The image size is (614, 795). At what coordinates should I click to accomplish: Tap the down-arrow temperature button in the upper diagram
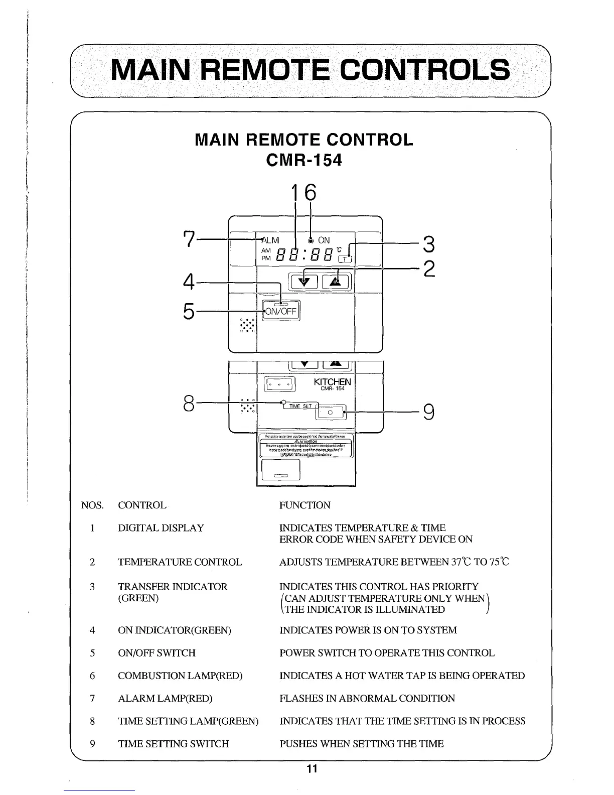301,282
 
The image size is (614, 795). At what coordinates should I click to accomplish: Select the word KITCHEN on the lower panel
332,382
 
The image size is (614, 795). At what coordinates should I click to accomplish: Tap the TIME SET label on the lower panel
300,406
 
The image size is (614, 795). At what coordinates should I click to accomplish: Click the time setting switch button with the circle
330,412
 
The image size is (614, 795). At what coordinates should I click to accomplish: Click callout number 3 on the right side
428,245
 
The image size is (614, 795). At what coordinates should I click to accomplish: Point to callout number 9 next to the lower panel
428,412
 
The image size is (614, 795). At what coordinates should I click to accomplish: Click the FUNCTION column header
304,505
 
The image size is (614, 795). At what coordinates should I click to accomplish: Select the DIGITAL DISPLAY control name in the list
161,528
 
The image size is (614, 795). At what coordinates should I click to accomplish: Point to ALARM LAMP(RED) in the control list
165,698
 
